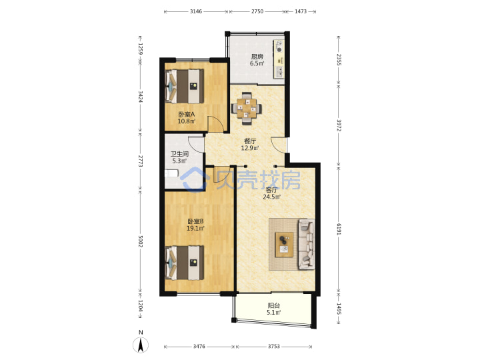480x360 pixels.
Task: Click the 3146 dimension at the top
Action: click(x=196, y=11)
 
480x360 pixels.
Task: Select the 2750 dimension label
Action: click(x=257, y=11)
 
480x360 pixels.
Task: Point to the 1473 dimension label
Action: click(x=301, y=11)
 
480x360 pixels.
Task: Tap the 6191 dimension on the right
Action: click(x=339, y=229)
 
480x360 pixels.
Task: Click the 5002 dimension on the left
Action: click(x=141, y=241)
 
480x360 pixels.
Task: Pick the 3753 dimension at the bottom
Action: click(x=274, y=346)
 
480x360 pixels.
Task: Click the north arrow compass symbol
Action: click(x=141, y=343)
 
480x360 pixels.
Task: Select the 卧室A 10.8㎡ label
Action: click(x=187, y=117)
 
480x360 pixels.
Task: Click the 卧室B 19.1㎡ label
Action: click(x=195, y=225)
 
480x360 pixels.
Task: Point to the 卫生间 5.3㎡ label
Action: click(x=179, y=157)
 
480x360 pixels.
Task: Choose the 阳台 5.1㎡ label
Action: click(x=274, y=309)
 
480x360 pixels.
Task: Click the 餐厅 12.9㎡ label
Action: click(x=250, y=145)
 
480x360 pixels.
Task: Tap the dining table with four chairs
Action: click(x=247, y=109)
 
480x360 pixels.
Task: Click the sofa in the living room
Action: click(x=307, y=244)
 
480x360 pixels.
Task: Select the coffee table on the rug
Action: click(x=284, y=245)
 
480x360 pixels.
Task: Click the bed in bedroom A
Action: click(x=184, y=86)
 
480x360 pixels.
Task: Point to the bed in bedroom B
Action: click(x=184, y=263)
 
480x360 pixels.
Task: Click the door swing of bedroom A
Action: click(x=215, y=123)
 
